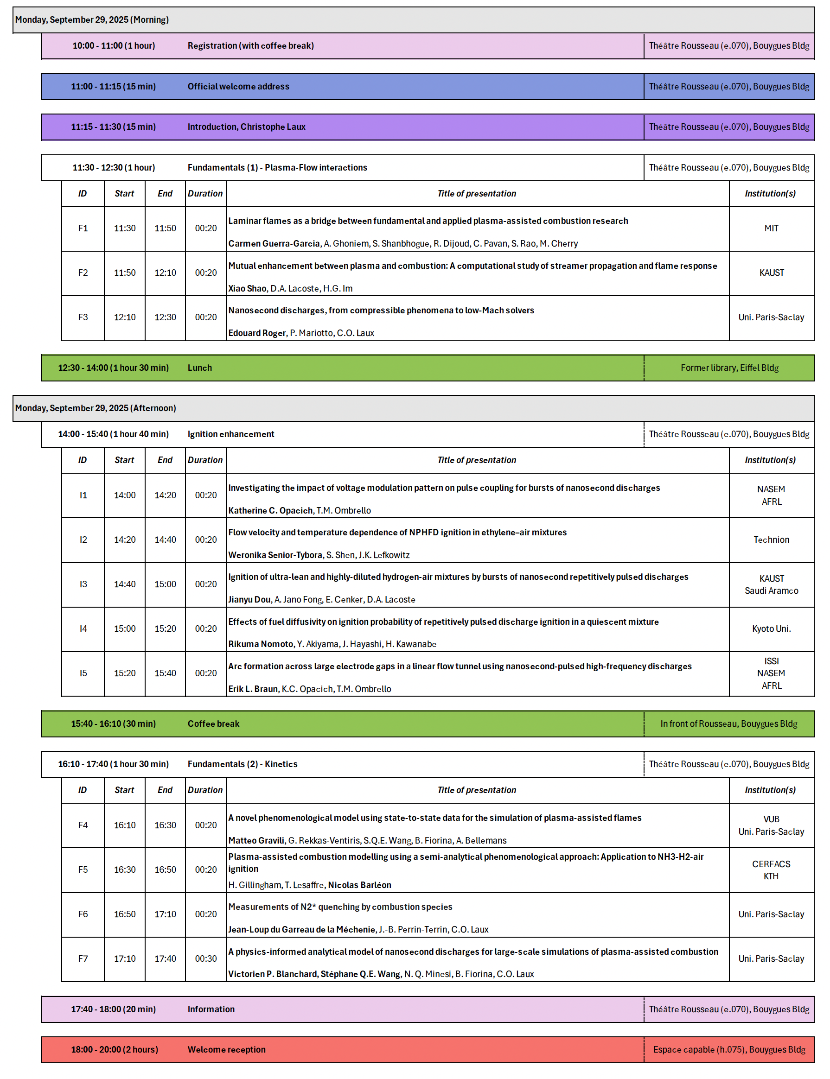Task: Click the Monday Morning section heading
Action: click(92, 20)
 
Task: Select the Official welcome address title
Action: click(238, 86)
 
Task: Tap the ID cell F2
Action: click(83, 273)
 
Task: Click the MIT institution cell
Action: click(771, 228)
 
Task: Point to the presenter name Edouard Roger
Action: click(257, 333)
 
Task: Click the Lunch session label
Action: click(199, 368)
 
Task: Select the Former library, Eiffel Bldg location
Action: click(729, 368)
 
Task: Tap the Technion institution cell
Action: click(771, 540)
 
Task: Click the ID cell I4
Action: click(83, 628)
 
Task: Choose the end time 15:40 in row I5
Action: click(165, 673)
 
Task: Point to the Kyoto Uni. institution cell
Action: click(771, 628)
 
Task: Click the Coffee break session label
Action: click(213, 724)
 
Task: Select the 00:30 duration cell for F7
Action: click(205, 958)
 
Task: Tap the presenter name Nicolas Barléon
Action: click(359, 885)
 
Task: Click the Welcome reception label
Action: click(226, 1049)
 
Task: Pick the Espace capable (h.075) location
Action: click(729, 1049)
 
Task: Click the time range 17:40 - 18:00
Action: click(113, 1009)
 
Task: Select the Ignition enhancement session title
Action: click(231, 434)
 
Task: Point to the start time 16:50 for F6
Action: click(124, 914)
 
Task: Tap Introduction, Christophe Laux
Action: click(246, 127)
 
